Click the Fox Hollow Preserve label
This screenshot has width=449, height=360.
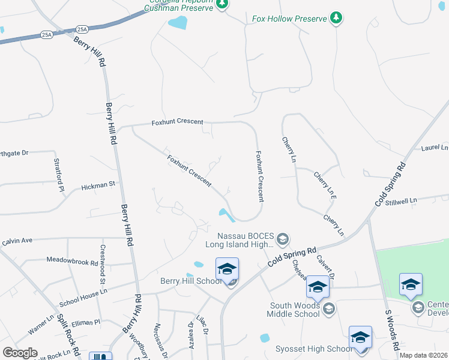(x=289, y=19)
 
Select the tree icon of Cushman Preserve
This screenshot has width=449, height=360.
(x=222, y=4)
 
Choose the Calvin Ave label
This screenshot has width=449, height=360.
(x=17, y=241)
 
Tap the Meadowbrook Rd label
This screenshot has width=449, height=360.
(x=72, y=261)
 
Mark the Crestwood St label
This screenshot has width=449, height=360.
(x=103, y=265)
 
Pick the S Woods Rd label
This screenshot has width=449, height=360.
(x=392, y=331)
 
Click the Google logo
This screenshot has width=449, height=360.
(x=20, y=353)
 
